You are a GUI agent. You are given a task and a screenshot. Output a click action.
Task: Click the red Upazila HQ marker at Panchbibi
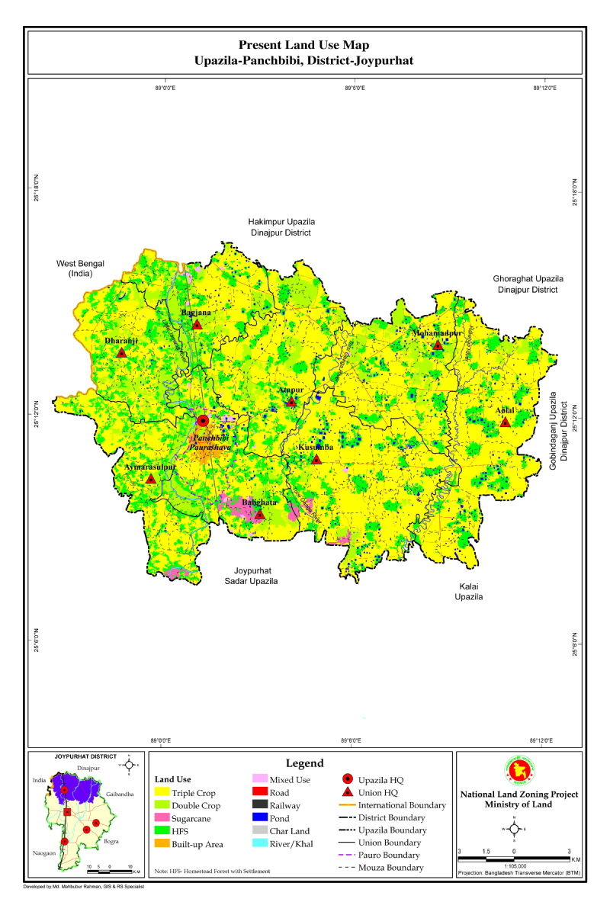tap(203, 420)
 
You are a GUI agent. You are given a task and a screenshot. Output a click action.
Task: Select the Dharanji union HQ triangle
tap(121, 352)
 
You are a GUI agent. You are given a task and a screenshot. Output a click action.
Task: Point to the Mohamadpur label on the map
tap(438, 333)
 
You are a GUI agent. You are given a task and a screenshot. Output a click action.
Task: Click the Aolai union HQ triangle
tap(505, 422)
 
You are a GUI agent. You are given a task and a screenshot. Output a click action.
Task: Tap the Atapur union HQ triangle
tap(291, 401)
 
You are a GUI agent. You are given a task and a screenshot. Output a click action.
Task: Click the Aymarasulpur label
tap(150, 467)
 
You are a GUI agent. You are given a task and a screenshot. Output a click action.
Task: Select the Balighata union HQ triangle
tap(259, 514)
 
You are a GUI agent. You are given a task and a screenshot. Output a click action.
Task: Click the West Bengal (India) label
tap(80, 268)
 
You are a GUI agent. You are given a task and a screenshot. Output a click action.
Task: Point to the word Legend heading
tap(304, 763)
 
